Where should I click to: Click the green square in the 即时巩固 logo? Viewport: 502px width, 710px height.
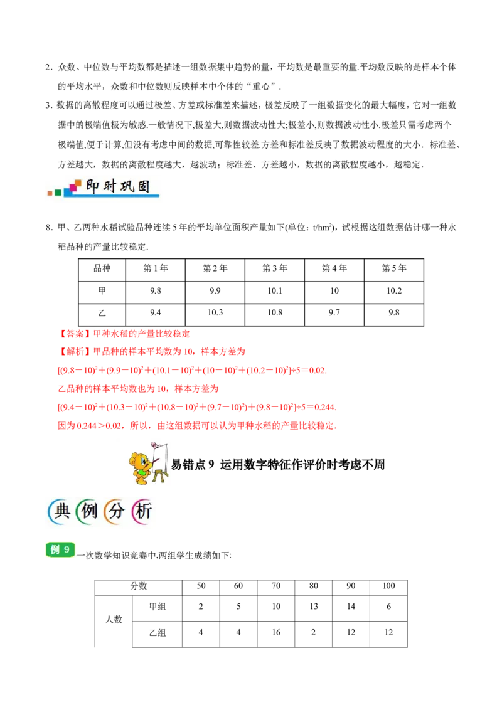(58, 192)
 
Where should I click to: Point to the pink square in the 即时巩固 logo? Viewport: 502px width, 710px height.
(72, 188)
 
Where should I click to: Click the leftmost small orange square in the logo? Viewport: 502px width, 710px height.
(50, 193)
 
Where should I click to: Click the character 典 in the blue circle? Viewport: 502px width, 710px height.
(61, 512)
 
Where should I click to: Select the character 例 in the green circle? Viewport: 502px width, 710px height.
(89, 512)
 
